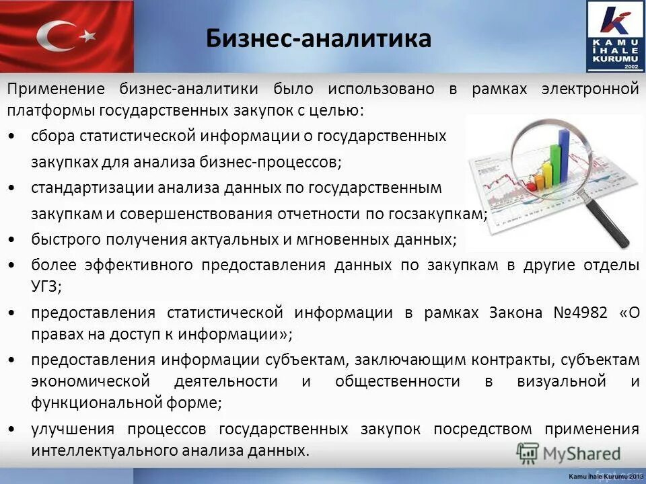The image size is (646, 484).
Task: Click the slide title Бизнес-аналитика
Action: click(x=318, y=38)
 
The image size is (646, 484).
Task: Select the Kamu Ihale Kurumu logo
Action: click(x=614, y=36)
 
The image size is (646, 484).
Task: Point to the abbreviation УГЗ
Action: click(x=46, y=286)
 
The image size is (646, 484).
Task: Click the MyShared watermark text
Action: click(x=581, y=454)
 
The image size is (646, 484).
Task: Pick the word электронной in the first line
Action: click(x=590, y=89)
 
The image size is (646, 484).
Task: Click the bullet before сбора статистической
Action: click(x=15, y=136)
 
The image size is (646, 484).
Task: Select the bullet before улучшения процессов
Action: click(x=15, y=429)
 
